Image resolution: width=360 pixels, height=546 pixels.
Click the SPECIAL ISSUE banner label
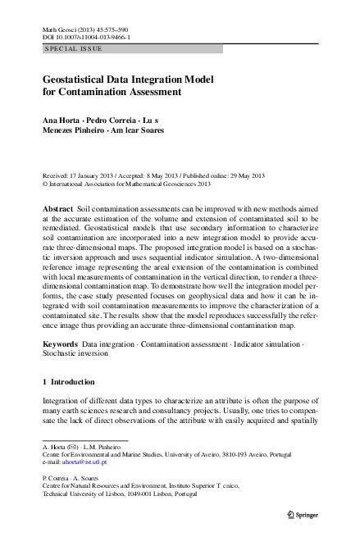pyautogui.click(x=74, y=49)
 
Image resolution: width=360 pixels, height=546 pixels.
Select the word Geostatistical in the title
pyautogui.click(x=80, y=80)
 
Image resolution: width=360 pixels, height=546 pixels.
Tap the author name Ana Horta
pyautogui.click(x=63, y=121)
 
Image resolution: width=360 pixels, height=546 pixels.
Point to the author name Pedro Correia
pyautogui.click(x=115, y=121)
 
